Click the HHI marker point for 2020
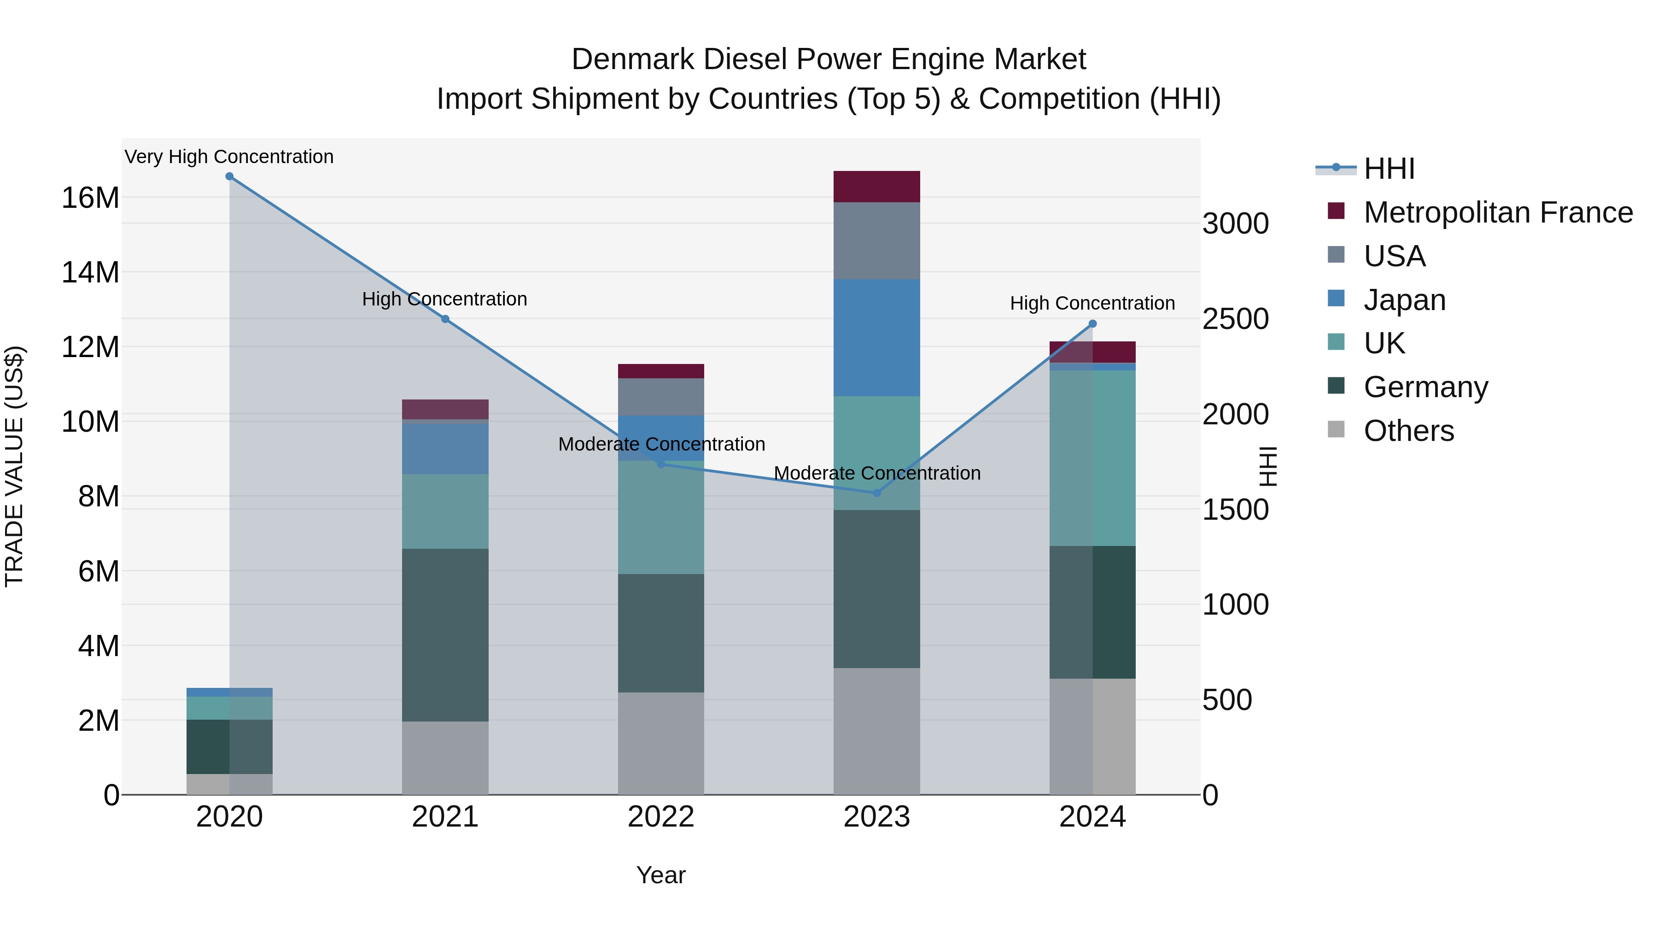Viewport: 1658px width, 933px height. pyautogui.click(x=229, y=176)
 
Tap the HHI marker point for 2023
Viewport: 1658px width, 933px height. pyautogui.click(x=876, y=493)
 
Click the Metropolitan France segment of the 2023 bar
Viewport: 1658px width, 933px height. pyautogui.click(x=876, y=187)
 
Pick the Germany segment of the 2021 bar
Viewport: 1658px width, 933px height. pyautogui.click(x=445, y=634)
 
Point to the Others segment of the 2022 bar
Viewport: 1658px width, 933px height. pyautogui.click(x=661, y=743)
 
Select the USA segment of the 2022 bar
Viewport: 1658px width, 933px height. pyautogui.click(x=661, y=397)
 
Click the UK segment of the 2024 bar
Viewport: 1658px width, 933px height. pyautogui.click(x=1092, y=458)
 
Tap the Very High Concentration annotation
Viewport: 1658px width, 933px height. pyautogui.click(x=229, y=157)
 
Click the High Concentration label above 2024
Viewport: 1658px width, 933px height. pyautogui.click(x=1092, y=303)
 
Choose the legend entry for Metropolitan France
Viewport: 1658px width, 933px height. pyautogui.click(x=1497, y=212)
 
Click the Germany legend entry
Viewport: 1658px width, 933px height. pyautogui.click(x=1425, y=387)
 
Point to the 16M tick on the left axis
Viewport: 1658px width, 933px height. pyautogui.click(x=90, y=198)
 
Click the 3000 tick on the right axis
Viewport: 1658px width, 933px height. pyautogui.click(x=1235, y=224)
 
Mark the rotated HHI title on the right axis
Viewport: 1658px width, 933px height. pyautogui.click(x=1267, y=466)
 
